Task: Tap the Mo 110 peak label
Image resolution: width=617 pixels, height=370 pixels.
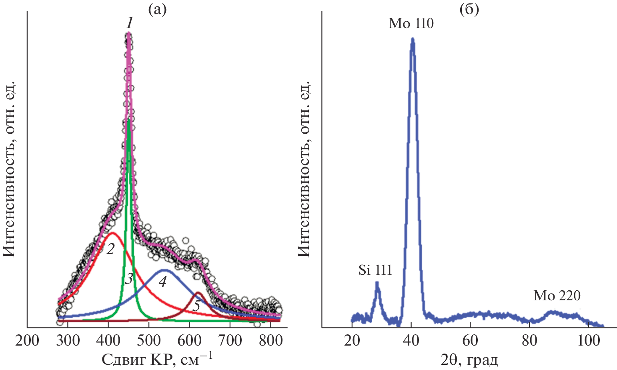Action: [x=411, y=24]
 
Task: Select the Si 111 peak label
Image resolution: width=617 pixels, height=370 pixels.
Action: [x=375, y=270]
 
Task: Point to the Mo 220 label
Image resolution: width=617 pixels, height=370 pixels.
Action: [x=557, y=296]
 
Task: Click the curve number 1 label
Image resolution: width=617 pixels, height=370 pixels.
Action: [x=129, y=24]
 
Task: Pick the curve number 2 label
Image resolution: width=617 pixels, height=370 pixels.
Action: [x=110, y=249]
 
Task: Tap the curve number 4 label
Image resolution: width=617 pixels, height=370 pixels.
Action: [x=162, y=282]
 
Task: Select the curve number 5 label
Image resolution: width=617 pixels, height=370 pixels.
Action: [x=196, y=306]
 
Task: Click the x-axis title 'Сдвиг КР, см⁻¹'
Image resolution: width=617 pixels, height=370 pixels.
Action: [x=157, y=359]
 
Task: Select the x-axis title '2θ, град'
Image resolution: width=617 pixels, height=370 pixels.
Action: [x=469, y=359]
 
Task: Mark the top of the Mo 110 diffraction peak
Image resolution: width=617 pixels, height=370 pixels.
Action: [x=413, y=39]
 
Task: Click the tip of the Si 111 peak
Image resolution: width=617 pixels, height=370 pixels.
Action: [x=377, y=283]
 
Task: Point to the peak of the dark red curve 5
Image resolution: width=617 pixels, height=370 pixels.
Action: [x=198, y=293]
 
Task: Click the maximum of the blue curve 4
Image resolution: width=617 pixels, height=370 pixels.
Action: [x=163, y=270]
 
